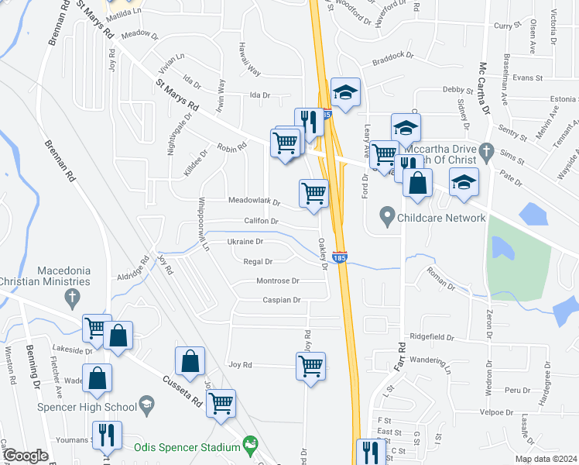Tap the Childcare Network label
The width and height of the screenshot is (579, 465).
[441, 218]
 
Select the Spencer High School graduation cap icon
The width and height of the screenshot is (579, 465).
[147, 404]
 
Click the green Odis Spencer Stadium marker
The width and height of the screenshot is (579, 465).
[249, 446]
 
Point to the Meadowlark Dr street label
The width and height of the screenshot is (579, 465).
[254, 201]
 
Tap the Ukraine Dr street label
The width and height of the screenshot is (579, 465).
[245, 242]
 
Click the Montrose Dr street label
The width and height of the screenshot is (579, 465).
[278, 281]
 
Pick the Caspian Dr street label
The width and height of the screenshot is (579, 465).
[281, 300]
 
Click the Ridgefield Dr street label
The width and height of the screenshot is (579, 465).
[432, 337]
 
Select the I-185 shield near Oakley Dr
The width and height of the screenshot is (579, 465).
[339, 256]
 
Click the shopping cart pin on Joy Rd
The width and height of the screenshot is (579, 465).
[311, 366]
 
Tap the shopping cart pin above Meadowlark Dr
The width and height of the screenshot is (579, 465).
[313, 192]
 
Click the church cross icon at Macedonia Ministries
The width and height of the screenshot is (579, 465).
[71, 295]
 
